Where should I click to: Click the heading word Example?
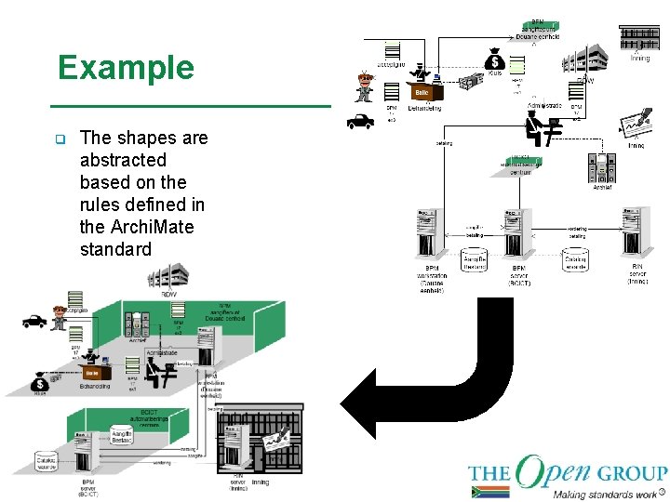click(x=126, y=68)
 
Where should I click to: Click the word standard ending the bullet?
click(x=115, y=249)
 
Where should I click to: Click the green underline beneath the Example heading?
click(x=191, y=107)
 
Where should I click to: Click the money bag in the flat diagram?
click(x=494, y=58)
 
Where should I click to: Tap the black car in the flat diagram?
click(x=359, y=120)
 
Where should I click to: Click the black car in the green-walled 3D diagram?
click(x=34, y=322)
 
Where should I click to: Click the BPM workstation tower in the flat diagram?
click(x=427, y=233)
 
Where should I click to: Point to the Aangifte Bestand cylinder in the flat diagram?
click(x=475, y=258)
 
